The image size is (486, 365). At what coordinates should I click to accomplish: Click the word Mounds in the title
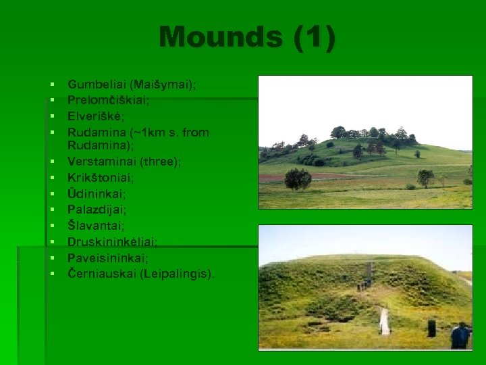[x=221, y=38]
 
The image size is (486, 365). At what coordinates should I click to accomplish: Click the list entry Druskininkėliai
[x=113, y=241]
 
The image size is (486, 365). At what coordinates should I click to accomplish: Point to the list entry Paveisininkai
[x=108, y=258]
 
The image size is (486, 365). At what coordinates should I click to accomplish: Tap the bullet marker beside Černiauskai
[x=51, y=274]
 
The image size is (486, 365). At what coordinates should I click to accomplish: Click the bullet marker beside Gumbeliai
[x=51, y=84]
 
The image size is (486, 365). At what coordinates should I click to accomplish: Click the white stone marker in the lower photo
[x=384, y=322]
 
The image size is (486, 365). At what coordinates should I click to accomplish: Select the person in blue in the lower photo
[x=460, y=335]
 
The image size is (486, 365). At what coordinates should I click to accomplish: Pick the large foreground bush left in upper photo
[x=298, y=178]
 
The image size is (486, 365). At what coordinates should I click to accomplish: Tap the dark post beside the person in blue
[x=431, y=328]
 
